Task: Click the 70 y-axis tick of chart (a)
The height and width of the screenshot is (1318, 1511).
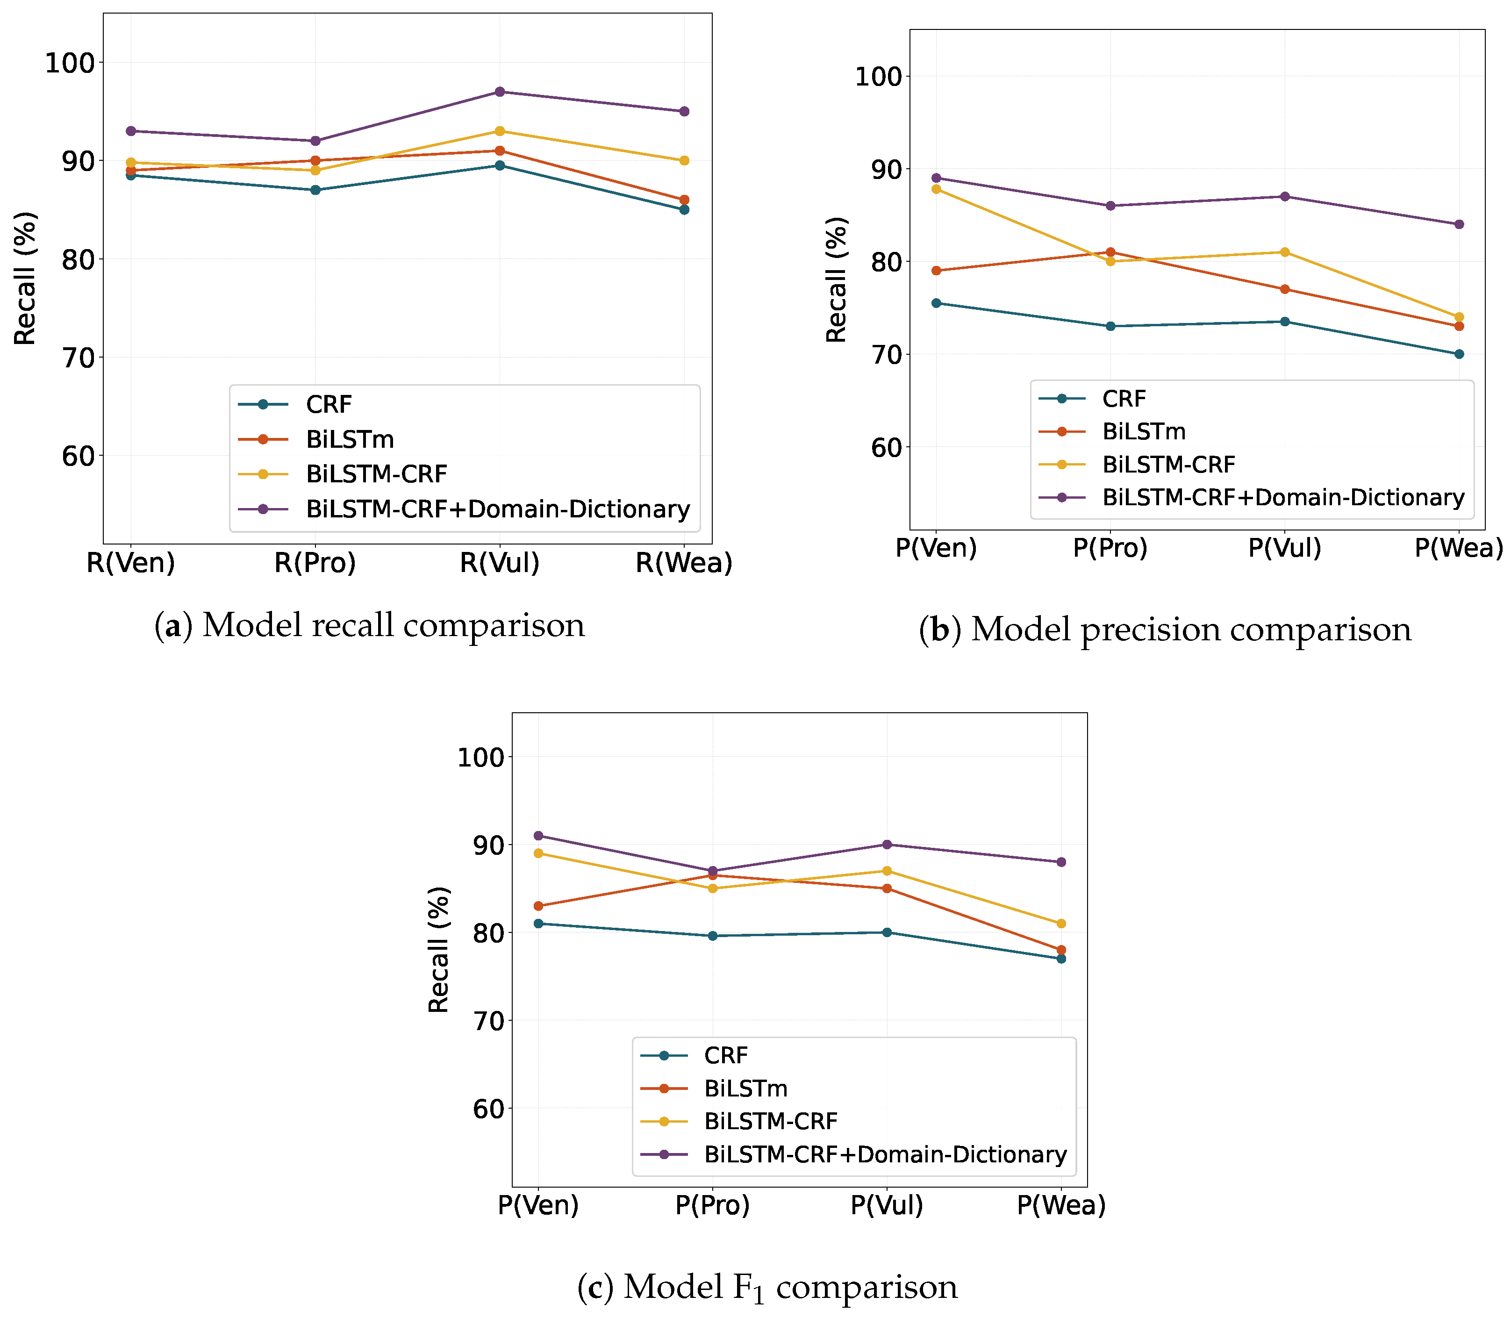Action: coord(78,358)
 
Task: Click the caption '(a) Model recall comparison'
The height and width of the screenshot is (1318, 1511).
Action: coord(369,626)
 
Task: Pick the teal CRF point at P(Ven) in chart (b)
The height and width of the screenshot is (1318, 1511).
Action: coord(937,303)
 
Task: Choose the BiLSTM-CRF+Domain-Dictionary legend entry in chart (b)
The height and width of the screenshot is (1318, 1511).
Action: coord(1283,498)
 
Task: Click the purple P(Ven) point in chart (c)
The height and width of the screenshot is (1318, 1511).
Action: coord(538,836)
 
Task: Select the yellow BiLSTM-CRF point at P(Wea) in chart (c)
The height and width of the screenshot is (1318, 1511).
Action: coord(1061,924)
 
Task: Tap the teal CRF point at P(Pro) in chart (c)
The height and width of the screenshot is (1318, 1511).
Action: coord(712,936)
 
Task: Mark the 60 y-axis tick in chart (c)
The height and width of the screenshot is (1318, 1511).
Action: coord(489,1109)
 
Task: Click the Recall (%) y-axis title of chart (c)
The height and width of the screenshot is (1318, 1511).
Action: coord(439,950)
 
